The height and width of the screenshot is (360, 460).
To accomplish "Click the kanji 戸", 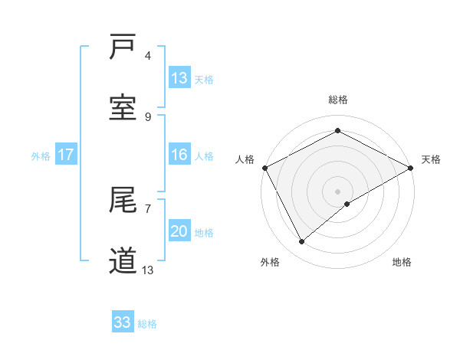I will pos(123,47).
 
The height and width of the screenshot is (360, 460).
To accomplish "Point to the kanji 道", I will pos(123,260).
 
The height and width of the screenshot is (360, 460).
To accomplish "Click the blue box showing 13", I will pos(179,78).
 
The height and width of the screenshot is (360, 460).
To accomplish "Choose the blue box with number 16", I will pos(179,155).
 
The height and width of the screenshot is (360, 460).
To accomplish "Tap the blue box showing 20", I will pos(179,231).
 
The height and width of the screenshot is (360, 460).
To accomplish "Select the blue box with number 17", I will pos(66,155).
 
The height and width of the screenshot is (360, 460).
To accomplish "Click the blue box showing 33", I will pos(123,322).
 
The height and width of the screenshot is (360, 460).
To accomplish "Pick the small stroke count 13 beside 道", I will pos(148,270).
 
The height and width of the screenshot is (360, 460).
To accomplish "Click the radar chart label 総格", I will pos(337,100).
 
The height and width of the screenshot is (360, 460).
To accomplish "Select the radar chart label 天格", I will pos(431,159).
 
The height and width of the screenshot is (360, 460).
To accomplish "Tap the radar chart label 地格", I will pos(402,262).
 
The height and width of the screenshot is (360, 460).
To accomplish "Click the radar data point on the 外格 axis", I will pos(302,242).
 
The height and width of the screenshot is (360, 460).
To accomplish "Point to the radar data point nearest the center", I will pos(347,204).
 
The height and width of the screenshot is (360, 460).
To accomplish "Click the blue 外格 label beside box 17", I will pos(41,155).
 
